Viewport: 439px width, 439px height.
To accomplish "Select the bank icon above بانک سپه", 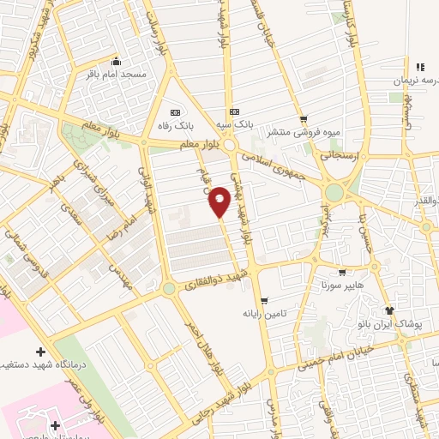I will coord(234,111).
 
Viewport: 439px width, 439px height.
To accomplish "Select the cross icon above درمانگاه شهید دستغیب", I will coord(40,352).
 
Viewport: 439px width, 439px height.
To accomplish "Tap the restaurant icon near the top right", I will coord(420,66).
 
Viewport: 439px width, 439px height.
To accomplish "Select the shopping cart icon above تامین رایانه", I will coord(263,300).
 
